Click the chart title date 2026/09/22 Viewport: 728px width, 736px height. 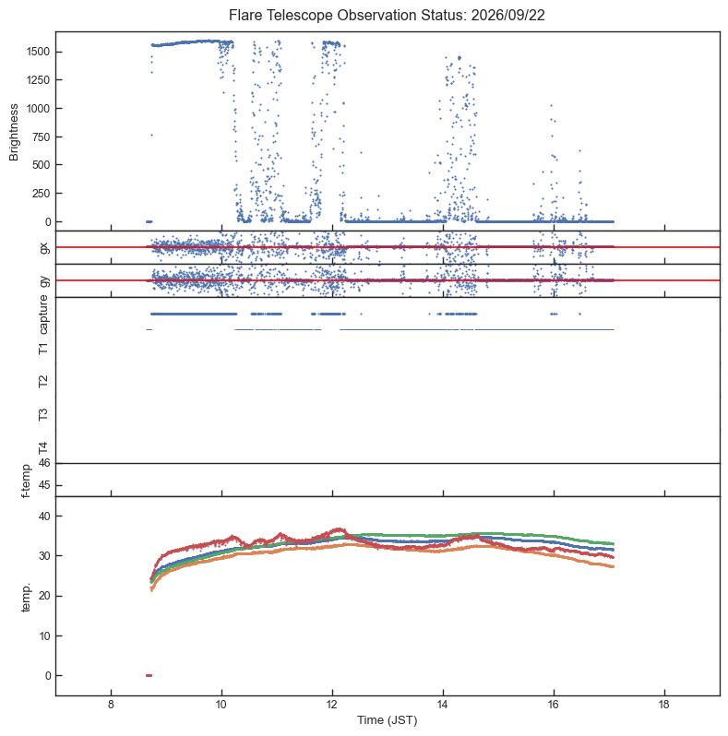click(507, 15)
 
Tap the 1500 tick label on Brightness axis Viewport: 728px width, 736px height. click(38, 52)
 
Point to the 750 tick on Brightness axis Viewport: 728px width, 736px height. click(42, 137)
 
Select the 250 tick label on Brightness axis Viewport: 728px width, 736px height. click(42, 194)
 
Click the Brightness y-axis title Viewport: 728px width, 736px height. click(14, 133)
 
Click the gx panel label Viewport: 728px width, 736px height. click(44, 248)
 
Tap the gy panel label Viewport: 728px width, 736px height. click(44, 281)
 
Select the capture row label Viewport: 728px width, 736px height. click(43, 314)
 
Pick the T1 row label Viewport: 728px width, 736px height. click(43, 349)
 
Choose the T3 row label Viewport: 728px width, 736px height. click(43, 414)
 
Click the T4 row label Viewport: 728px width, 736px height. click(43, 448)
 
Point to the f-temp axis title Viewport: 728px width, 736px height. click(26, 481)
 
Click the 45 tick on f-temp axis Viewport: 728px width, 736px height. click(44, 485)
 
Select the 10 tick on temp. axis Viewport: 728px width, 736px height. click(44, 636)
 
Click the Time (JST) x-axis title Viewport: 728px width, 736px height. click(387, 720)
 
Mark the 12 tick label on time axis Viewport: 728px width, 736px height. click(332, 705)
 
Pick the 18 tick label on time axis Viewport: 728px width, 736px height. click(663, 705)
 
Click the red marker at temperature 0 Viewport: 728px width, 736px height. click(149, 675)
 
